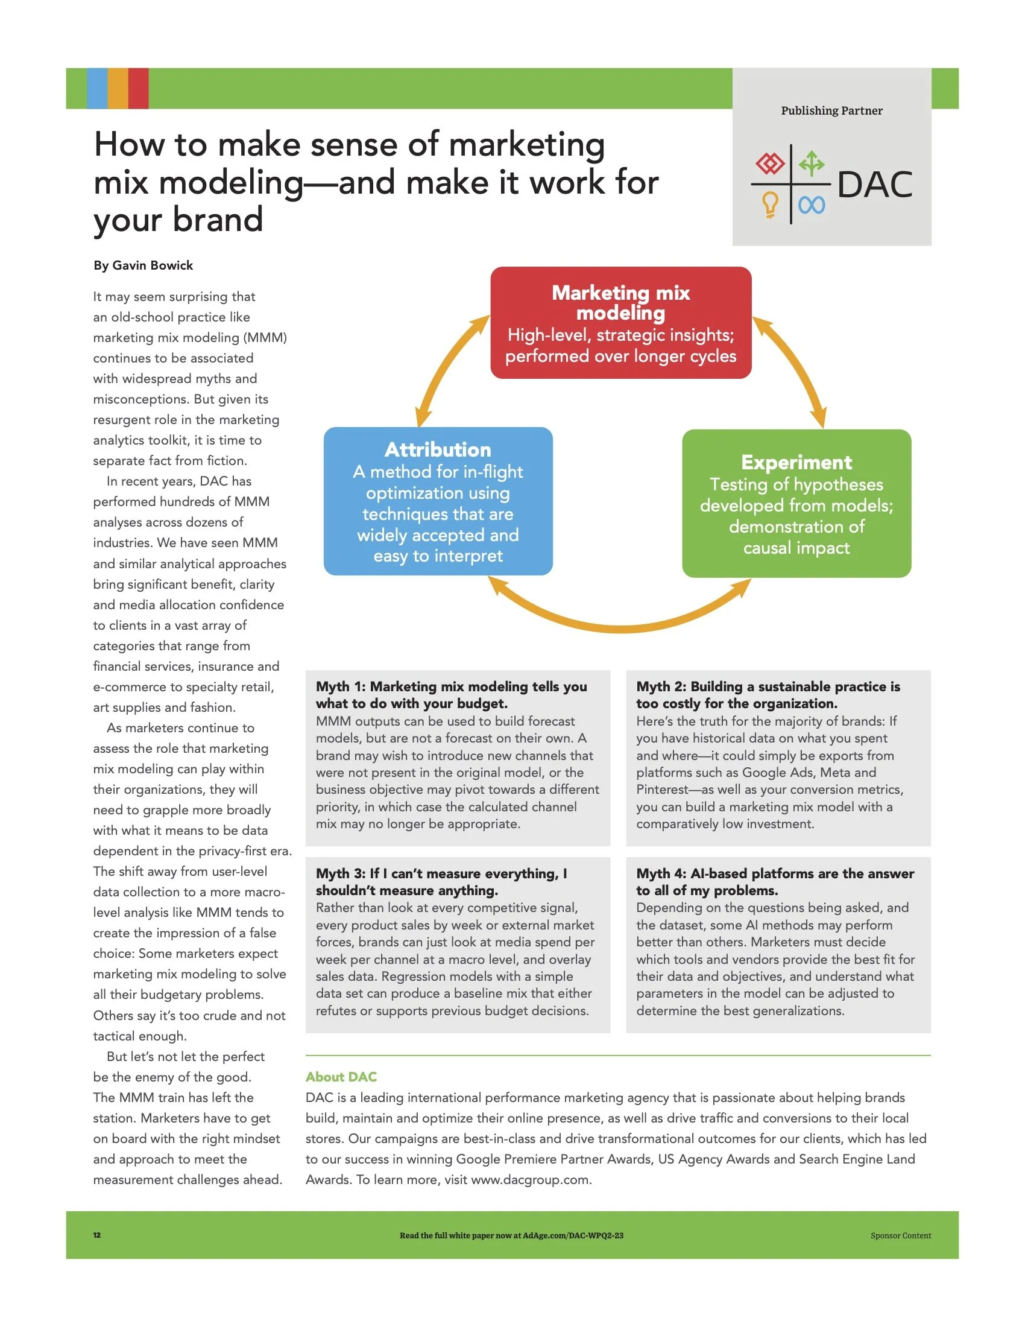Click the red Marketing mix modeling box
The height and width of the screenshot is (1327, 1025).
(620, 323)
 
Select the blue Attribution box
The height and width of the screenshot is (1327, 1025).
(438, 501)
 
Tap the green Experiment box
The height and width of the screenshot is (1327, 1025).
(796, 504)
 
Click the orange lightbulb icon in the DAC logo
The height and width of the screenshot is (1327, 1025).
(770, 204)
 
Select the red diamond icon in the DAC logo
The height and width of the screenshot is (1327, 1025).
(770, 163)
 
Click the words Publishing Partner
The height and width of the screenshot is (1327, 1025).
(831, 110)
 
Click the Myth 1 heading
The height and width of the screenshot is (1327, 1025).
(451, 694)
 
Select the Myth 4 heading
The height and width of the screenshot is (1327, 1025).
(775, 882)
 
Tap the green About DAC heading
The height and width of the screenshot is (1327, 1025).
(341, 1077)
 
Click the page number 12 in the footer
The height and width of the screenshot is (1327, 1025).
(97, 1235)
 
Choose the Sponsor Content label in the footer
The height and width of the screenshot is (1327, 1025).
(901, 1235)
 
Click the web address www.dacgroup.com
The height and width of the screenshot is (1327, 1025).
(530, 1179)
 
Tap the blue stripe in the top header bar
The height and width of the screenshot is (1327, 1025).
(97, 88)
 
